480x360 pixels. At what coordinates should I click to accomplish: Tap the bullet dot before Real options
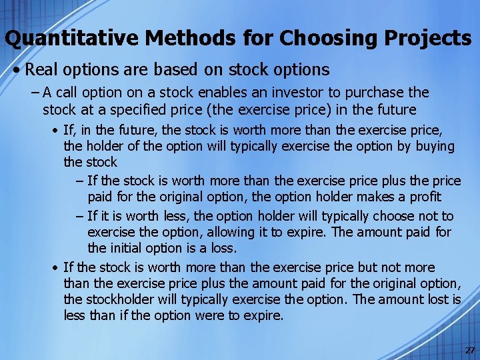tap(21, 70)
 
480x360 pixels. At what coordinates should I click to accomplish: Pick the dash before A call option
tap(34, 93)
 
